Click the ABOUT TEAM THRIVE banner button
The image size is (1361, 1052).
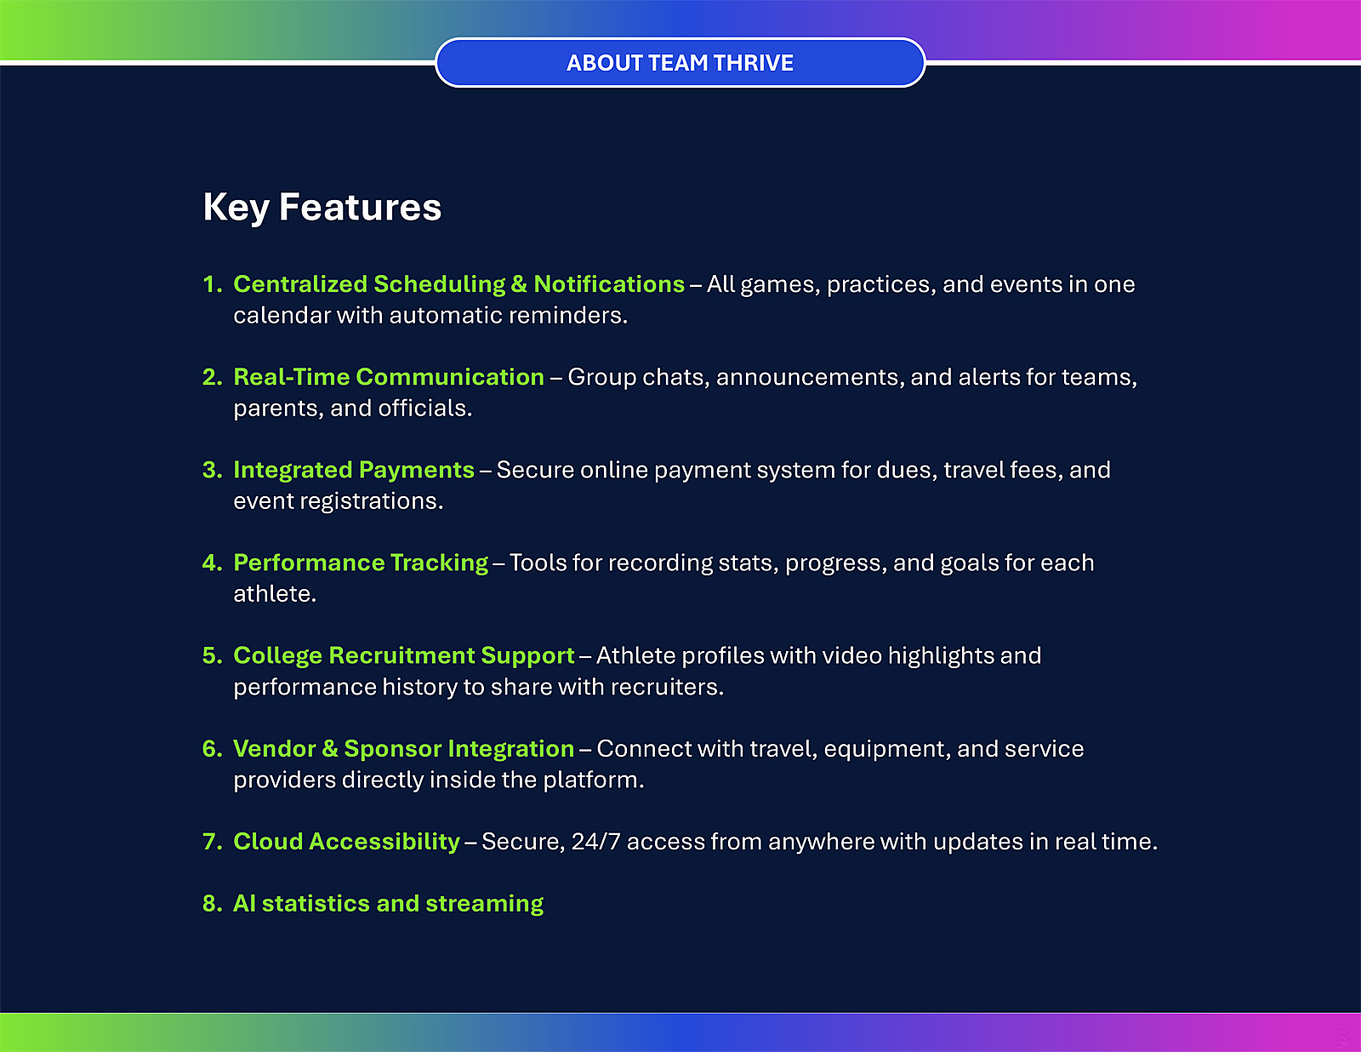[680, 63]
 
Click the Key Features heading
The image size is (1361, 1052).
[322, 208]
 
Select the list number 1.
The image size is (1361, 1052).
[213, 284]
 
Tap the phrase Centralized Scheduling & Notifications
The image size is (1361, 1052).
[459, 284]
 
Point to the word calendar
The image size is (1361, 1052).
[282, 315]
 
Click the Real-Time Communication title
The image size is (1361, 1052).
[389, 377]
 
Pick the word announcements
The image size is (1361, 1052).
[807, 378]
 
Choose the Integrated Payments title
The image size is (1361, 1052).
[354, 471]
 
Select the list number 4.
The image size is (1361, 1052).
[213, 563]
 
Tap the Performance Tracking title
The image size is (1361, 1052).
[361, 563]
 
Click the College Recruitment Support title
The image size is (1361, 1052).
[404, 656]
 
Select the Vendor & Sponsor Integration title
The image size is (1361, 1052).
[404, 749]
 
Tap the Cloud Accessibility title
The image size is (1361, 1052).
[347, 842]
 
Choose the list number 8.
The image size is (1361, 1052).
[213, 904]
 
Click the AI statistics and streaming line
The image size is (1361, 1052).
[389, 904]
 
